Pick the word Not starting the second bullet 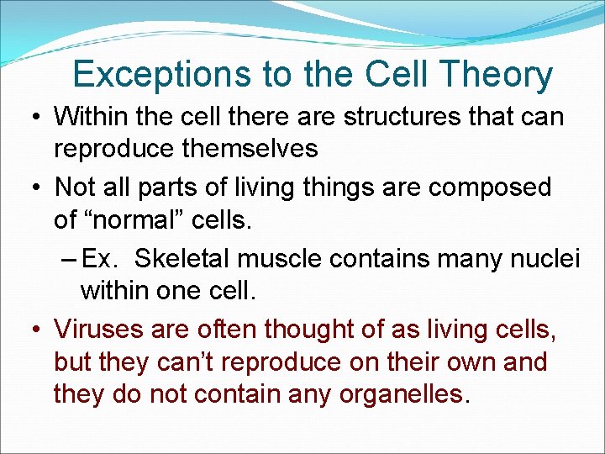point(74,187)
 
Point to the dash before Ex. point(71,259)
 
